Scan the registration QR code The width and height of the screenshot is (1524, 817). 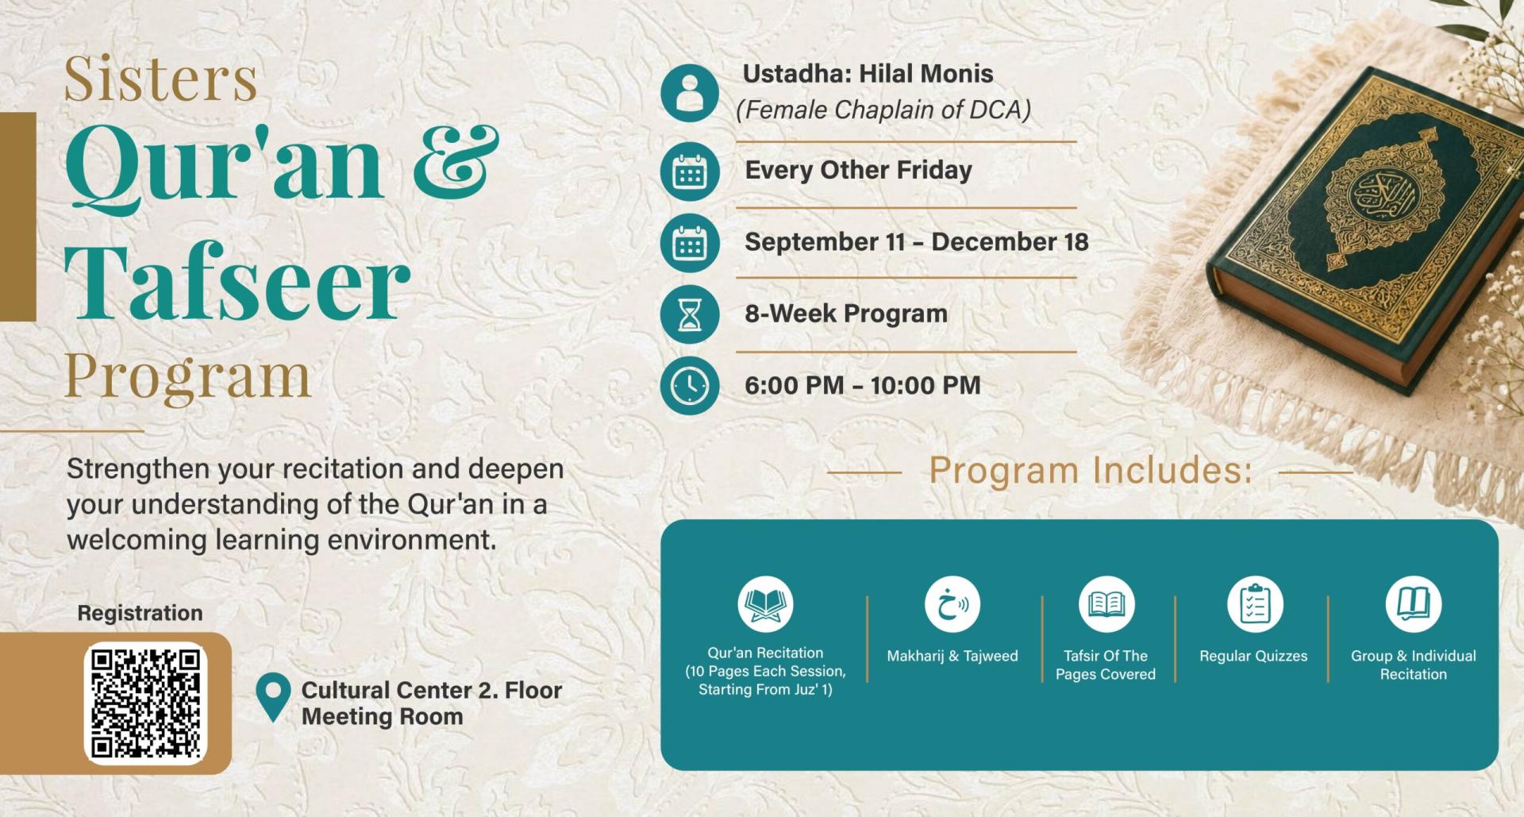click(x=145, y=703)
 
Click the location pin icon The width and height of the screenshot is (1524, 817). click(x=273, y=696)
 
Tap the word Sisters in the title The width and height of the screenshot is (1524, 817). click(x=160, y=79)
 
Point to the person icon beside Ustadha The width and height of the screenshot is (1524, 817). click(x=690, y=93)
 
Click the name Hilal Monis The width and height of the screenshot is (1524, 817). click(x=926, y=74)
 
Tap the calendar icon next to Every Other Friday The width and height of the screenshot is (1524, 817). click(x=690, y=171)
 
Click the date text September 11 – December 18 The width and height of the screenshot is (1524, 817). click(x=917, y=242)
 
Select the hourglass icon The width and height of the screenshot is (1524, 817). click(x=690, y=314)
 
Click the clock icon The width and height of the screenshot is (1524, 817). click(x=690, y=386)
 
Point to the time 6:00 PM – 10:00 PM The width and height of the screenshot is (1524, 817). click(x=863, y=386)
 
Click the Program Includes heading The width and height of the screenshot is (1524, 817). click(x=1091, y=470)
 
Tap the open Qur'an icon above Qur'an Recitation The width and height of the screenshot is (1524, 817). click(x=765, y=604)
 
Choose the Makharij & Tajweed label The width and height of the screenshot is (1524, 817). click(x=952, y=656)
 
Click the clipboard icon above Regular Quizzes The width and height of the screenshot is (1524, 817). click(x=1255, y=604)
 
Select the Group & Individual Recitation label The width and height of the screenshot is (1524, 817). click(x=1414, y=665)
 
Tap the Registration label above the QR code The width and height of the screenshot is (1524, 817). click(x=140, y=613)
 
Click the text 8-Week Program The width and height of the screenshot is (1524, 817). click(x=846, y=314)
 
